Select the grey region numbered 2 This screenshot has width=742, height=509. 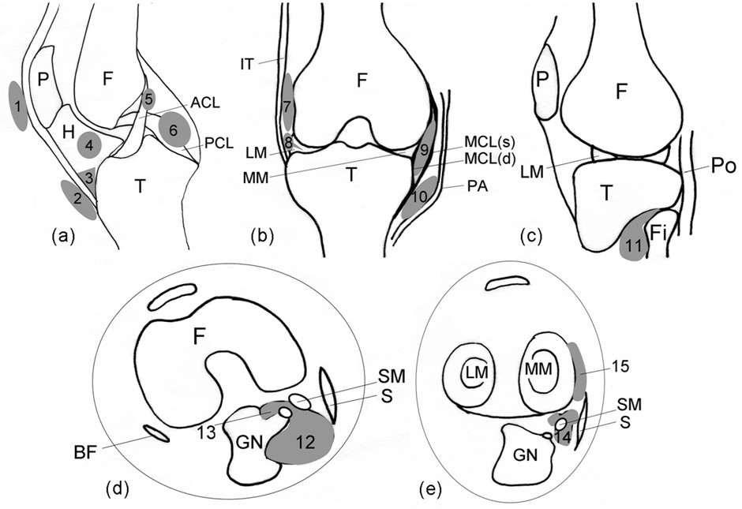[x=78, y=200]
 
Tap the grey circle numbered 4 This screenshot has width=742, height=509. [x=89, y=145]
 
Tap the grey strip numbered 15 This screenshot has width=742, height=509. [x=580, y=371]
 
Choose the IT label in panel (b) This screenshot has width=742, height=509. [x=248, y=64]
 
